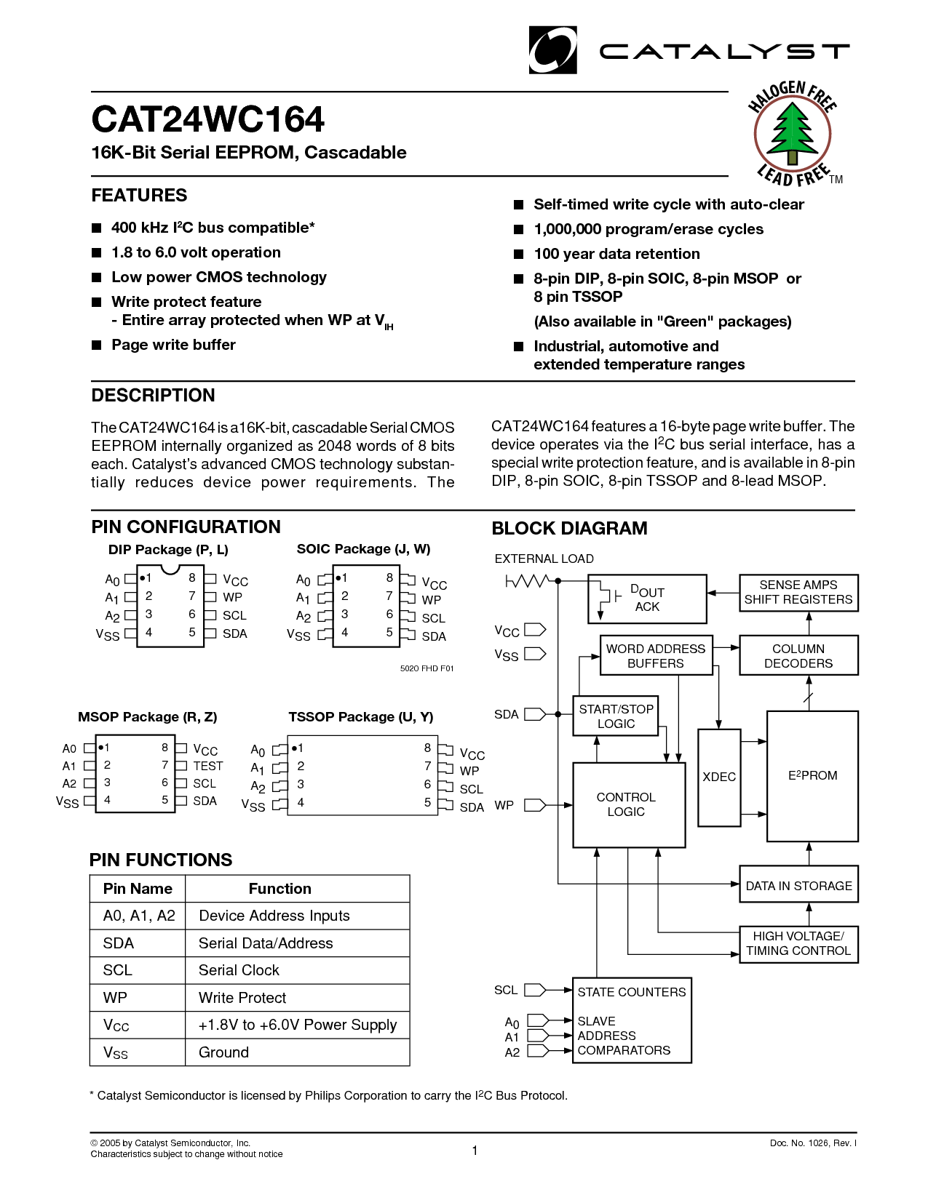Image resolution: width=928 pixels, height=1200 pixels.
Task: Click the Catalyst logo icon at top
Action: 552,50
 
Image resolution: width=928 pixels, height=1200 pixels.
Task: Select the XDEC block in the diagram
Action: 719,777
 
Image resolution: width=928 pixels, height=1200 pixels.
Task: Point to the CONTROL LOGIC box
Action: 629,805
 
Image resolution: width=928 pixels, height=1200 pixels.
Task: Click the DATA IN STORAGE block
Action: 798,885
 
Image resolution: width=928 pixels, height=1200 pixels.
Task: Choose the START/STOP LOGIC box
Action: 616,716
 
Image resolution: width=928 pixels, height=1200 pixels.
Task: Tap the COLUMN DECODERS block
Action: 798,656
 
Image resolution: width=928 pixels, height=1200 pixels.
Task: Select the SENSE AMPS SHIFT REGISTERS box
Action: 798,593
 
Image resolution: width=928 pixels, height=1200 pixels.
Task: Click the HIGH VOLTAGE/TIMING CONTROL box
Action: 798,944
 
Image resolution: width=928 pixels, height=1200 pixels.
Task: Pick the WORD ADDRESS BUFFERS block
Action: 655,656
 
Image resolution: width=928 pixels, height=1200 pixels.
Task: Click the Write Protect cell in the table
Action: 242,998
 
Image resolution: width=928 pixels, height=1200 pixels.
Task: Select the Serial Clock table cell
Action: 239,970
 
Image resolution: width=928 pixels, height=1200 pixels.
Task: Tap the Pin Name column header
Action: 138,889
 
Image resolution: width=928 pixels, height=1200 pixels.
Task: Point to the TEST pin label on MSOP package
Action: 208,766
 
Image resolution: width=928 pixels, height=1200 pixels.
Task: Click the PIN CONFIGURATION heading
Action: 186,527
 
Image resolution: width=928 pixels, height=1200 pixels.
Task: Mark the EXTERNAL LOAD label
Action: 544,559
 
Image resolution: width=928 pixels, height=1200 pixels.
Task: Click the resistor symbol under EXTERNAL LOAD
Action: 528,581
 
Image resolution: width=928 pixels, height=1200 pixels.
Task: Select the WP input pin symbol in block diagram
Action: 535,805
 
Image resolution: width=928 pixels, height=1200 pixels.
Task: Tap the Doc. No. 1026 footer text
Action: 813,1143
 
